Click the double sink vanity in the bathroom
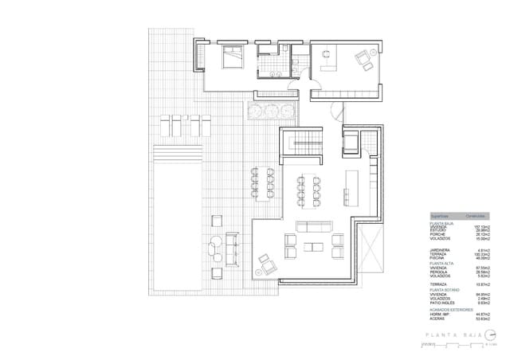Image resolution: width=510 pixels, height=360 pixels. point(276,73)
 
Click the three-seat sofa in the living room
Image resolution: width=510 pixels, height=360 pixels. point(311,225)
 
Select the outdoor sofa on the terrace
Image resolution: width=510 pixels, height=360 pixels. point(232,250)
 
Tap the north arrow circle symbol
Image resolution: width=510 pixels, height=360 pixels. point(491,335)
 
